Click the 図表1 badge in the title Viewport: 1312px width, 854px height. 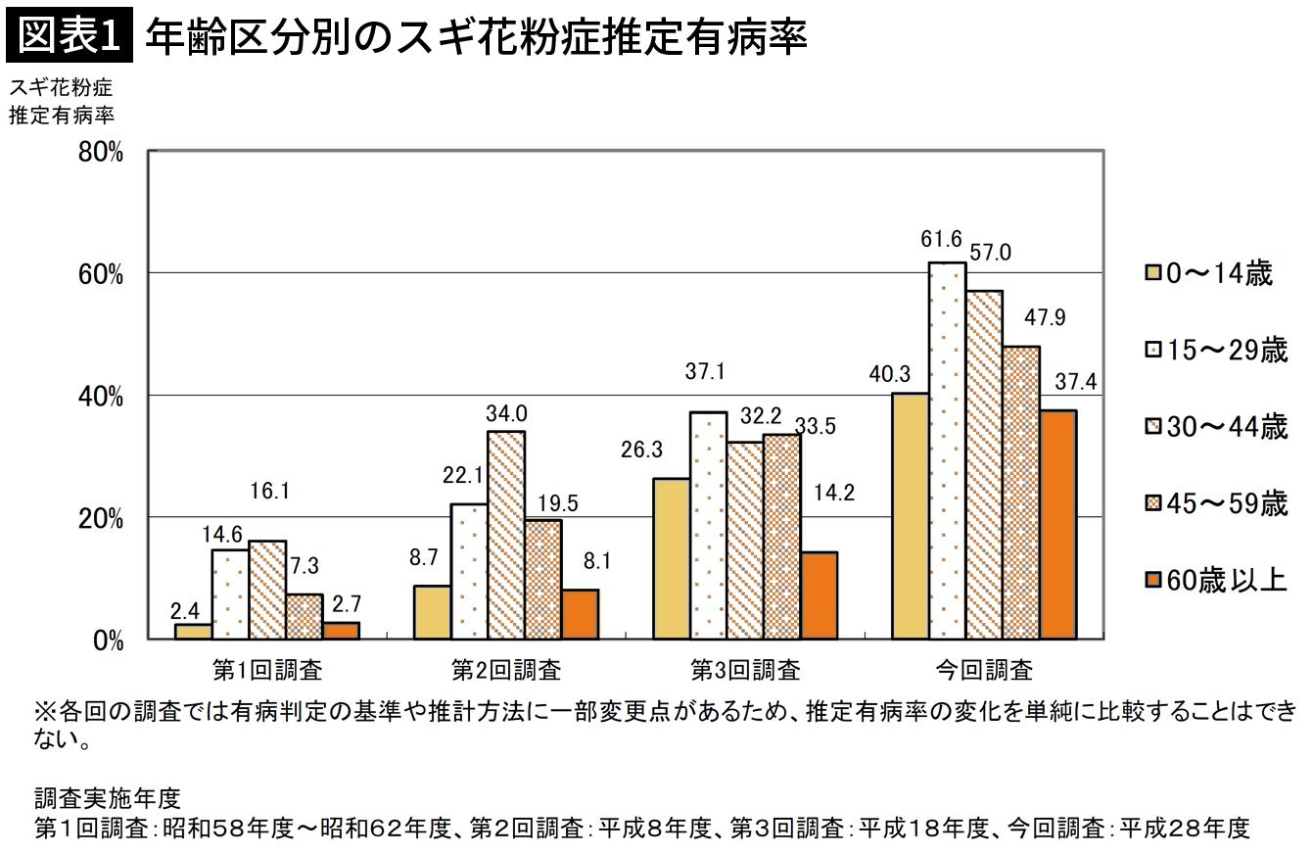(x=69, y=36)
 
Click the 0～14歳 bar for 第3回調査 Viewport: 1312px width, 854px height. (x=671, y=558)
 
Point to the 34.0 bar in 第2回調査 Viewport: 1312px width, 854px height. (x=506, y=535)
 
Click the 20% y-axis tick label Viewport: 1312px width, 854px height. (x=102, y=519)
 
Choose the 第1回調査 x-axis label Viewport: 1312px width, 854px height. (x=267, y=671)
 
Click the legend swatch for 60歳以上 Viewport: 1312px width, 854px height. (x=1151, y=580)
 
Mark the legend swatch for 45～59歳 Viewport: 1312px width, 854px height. (x=1151, y=504)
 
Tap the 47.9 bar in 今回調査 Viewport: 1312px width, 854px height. (x=1020, y=492)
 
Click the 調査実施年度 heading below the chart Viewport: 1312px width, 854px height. (x=108, y=794)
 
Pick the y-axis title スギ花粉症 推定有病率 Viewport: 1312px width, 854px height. (x=61, y=101)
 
